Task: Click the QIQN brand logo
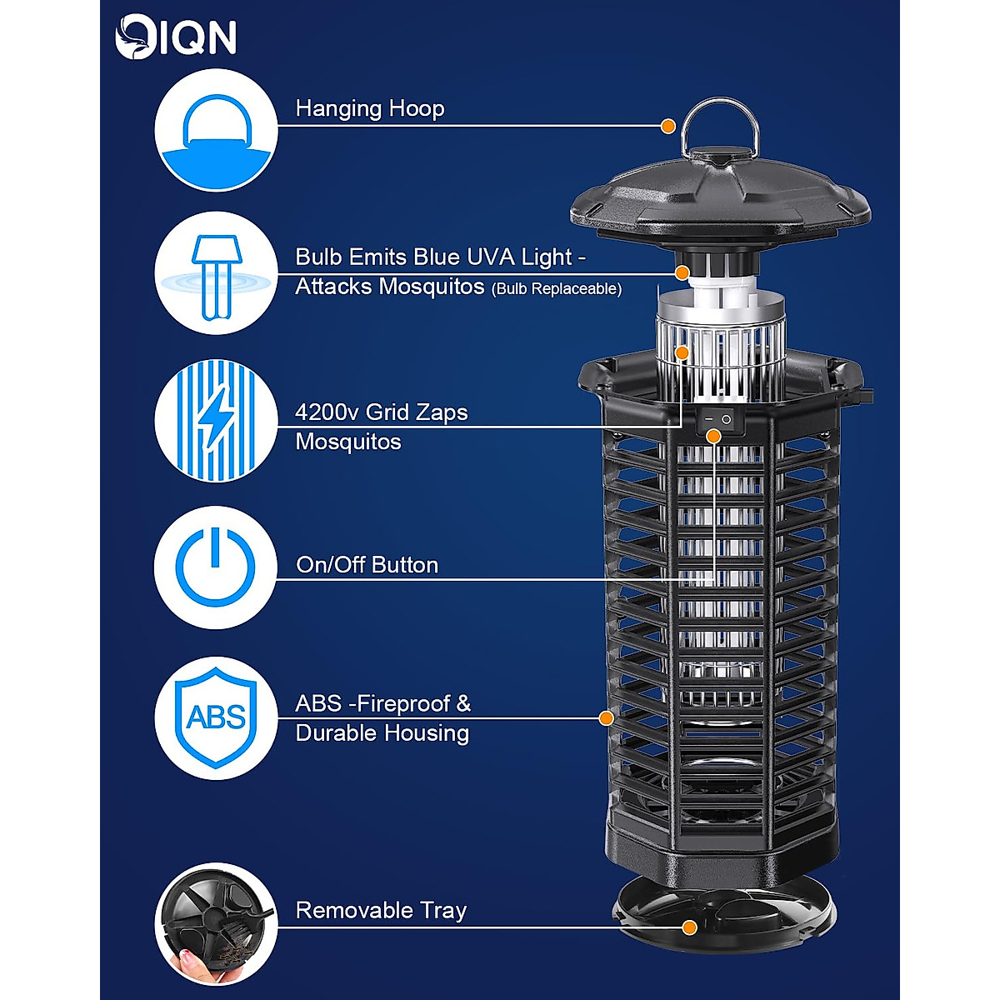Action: point(176,38)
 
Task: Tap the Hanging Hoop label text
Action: point(369,108)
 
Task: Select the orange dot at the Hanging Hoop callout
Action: point(667,126)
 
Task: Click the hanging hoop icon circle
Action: point(216,130)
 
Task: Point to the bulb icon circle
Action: point(216,274)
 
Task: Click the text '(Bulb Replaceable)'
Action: point(556,289)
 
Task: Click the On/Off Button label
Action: point(367,565)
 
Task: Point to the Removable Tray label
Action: point(381,910)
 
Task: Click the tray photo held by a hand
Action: point(216,923)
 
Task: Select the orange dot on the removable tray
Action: point(689,927)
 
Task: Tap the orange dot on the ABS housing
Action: point(607,717)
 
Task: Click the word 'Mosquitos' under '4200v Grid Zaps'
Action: point(348,442)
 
